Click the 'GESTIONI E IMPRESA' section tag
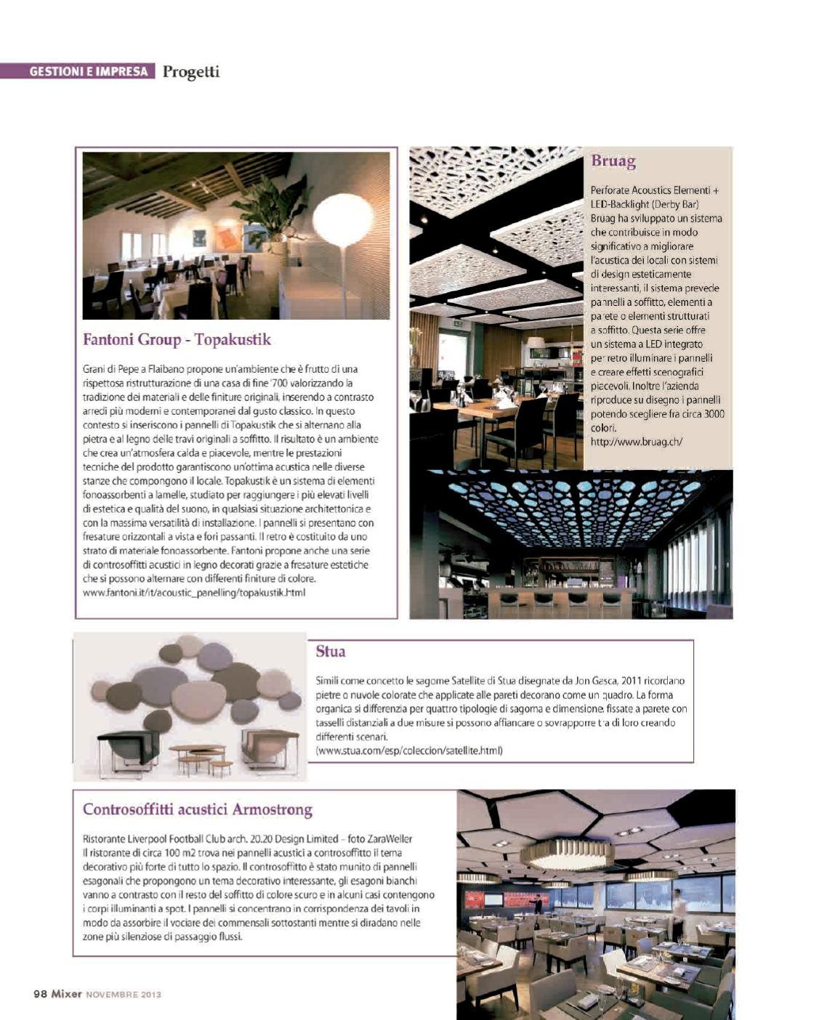tap(89, 71)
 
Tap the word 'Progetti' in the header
tap(190, 71)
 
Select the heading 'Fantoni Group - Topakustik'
tap(177, 339)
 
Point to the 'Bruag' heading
tap(613, 161)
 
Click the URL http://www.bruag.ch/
tap(636, 442)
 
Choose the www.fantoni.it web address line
tap(194, 593)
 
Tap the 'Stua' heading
tap(331, 652)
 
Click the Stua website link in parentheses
tap(410, 750)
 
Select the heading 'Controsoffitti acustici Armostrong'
tap(198, 809)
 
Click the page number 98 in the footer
tap(41, 994)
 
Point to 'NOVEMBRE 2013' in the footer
tap(124, 995)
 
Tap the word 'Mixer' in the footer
tap(66, 994)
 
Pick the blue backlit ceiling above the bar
tap(574, 505)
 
